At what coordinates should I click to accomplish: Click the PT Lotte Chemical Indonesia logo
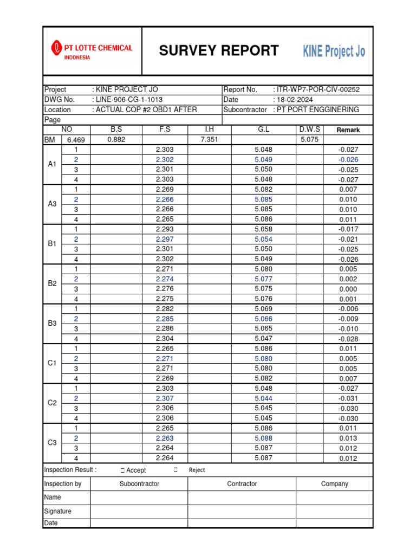(x=92, y=51)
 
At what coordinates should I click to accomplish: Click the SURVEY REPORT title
(x=218, y=51)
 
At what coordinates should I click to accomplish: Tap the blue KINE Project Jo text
(x=334, y=51)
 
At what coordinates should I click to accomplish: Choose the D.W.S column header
(x=309, y=130)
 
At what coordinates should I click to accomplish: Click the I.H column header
(x=210, y=130)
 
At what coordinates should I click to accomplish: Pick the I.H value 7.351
(x=210, y=140)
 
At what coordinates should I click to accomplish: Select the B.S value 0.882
(x=116, y=140)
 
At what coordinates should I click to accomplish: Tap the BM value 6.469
(x=76, y=140)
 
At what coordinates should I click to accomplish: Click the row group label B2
(x=52, y=283)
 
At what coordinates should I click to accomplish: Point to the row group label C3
(x=52, y=443)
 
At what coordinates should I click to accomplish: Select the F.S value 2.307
(x=165, y=398)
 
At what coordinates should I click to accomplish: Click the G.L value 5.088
(x=263, y=438)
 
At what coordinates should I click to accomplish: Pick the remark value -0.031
(x=348, y=399)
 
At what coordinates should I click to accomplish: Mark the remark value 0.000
(x=348, y=289)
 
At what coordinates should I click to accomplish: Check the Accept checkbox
(x=123, y=470)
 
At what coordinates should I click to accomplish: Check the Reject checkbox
(x=176, y=470)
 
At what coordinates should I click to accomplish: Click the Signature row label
(x=57, y=511)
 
